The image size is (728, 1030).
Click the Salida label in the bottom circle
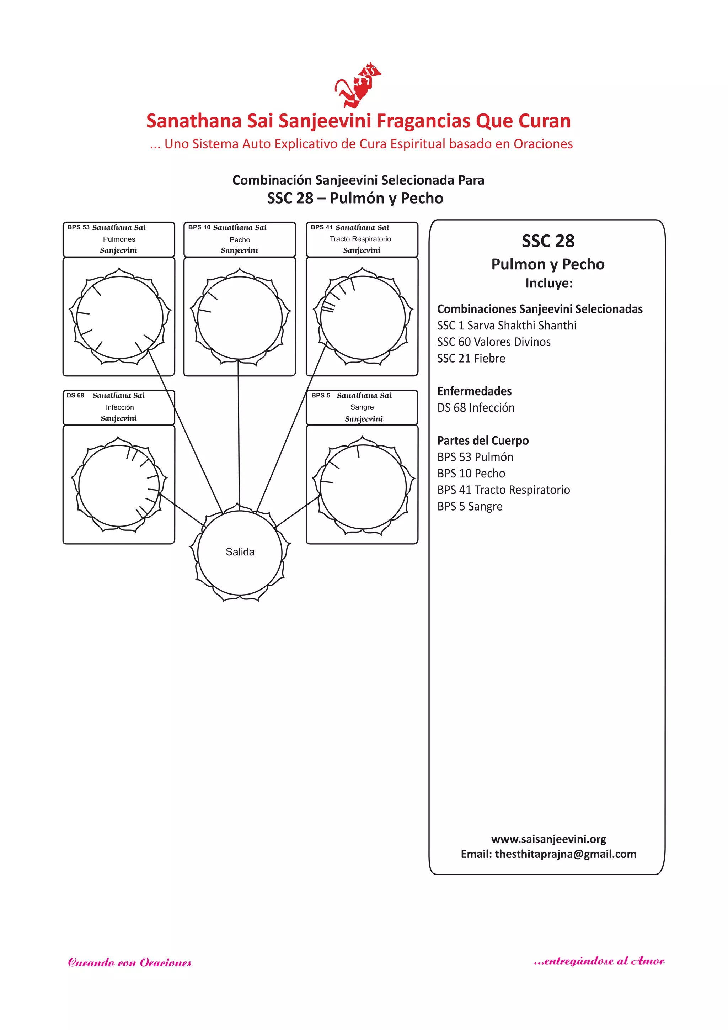coord(240,552)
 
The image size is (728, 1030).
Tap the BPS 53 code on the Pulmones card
coord(79,227)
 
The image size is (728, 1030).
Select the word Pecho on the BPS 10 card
coord(240,239)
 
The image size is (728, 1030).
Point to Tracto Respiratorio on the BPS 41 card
coord(360,239)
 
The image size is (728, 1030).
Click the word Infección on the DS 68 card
coord(120,407)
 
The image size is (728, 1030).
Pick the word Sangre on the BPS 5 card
coord(362,407)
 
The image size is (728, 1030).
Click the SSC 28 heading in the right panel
coord(548,241)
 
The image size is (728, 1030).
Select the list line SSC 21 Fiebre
coord(471,358)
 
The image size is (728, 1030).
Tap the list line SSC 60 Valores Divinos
coord(493,342)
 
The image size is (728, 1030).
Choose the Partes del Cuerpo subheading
coord(483,440)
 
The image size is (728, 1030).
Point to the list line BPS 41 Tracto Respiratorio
coord(503,490)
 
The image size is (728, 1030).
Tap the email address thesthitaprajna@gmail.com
coord(565,854)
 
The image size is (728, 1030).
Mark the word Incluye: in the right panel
coord(549,284)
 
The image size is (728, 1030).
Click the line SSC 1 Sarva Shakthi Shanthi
coord(507,326)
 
